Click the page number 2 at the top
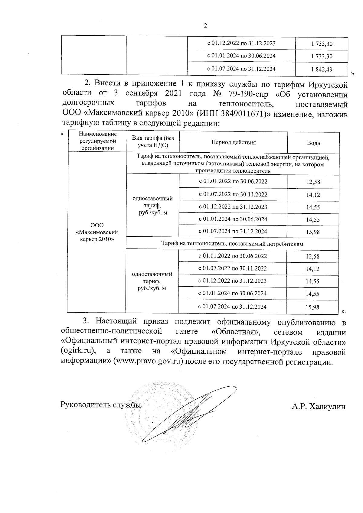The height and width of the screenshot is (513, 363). [x=205, y=26]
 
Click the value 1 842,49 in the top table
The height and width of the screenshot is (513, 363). [x=321, y=70]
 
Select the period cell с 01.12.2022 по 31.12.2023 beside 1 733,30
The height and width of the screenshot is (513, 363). [x=241, y=43]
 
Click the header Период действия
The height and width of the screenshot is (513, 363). [x=233, y=142]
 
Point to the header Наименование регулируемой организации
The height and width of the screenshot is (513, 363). [x=97, y=141]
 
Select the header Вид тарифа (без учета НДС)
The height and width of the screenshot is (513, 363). [x=153, y=141]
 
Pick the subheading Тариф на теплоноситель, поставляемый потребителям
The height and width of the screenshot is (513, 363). [x=232, y=244]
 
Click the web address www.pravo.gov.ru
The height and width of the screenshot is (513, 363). [x=147, y=362]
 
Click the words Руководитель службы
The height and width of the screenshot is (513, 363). [x=101, y=404]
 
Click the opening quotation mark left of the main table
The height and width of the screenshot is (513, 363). [x=62, y=134]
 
